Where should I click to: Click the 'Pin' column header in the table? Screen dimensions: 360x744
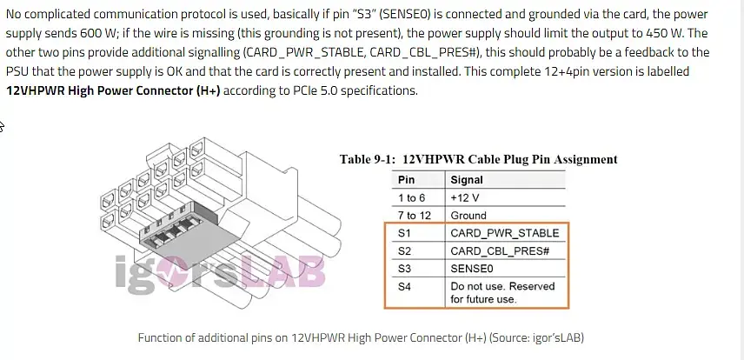click(x=406, y=180)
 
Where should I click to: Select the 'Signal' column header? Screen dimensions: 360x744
click(x=467, y=180)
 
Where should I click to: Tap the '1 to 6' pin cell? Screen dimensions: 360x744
click(x=411, y=197)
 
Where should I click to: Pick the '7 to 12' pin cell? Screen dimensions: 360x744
click(x=413, y=215)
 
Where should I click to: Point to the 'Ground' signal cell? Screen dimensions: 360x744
click(x=468, y=215)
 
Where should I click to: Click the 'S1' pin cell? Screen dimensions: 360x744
click(x=404, y=234)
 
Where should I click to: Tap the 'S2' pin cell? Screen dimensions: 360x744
click(x=404, y=251)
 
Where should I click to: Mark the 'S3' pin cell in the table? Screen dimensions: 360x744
click(x=404, y=269)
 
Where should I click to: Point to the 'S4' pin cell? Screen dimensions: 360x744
click(x=404, y=287)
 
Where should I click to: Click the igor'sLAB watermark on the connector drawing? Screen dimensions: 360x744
click(x=221, y=272)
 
